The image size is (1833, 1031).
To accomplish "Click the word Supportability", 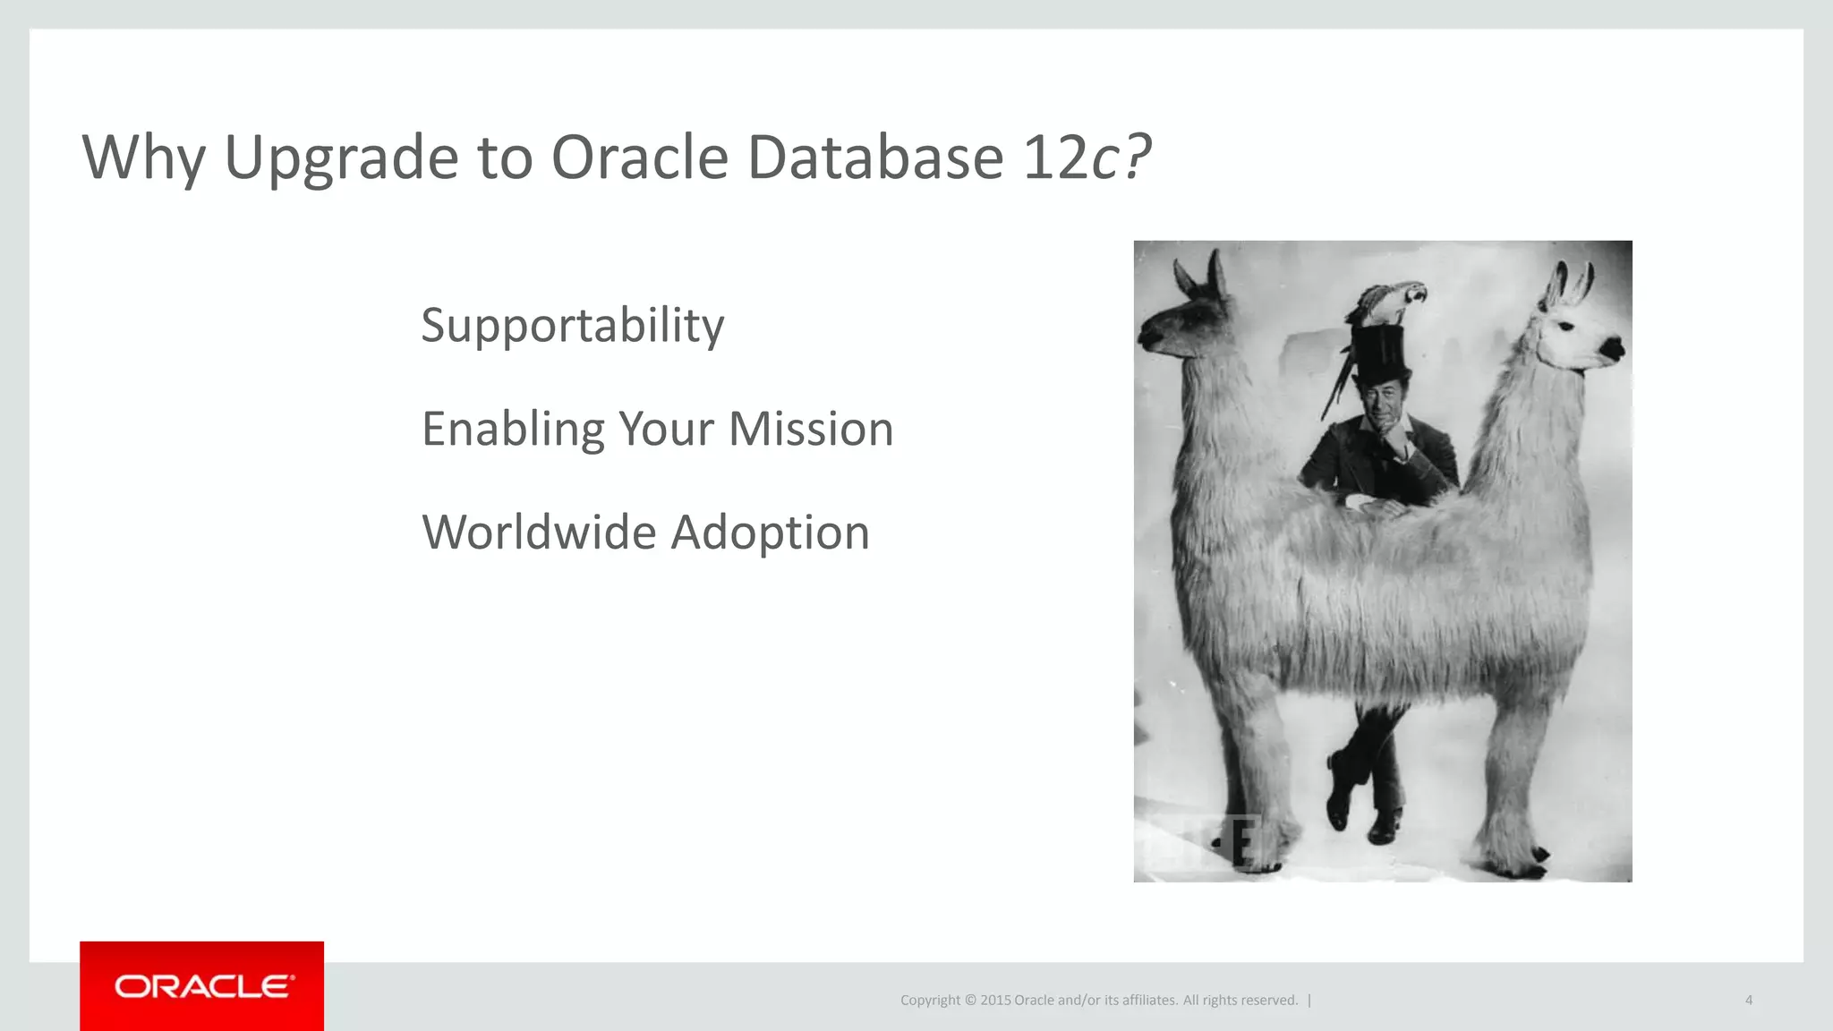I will coord(572,326).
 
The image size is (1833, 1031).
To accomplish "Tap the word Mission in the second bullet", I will coord(810,429).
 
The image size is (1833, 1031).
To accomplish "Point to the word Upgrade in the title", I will coord(341,158).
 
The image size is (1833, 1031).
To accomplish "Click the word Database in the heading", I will coord(875,158).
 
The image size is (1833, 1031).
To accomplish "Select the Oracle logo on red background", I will coord(202,986).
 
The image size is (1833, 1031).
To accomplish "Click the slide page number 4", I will coord(1748,1000).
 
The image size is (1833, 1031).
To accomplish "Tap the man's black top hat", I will coord(1379,354).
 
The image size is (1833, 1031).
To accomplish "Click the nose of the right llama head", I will coord(1612,348).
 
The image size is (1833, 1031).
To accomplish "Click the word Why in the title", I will coord(143,158).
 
